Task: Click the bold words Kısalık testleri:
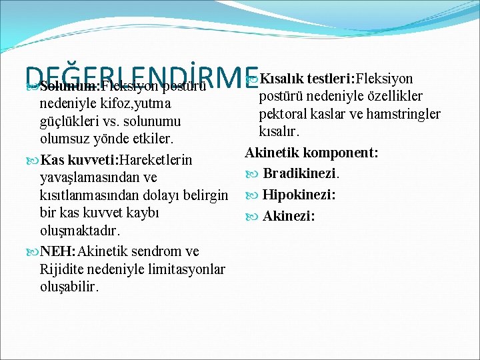[303, 79]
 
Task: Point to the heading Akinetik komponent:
[312, 153]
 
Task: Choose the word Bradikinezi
[301, 174]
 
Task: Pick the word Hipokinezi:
[299, 195]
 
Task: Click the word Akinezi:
[289, 216]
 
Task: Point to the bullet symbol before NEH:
[33, 251]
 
